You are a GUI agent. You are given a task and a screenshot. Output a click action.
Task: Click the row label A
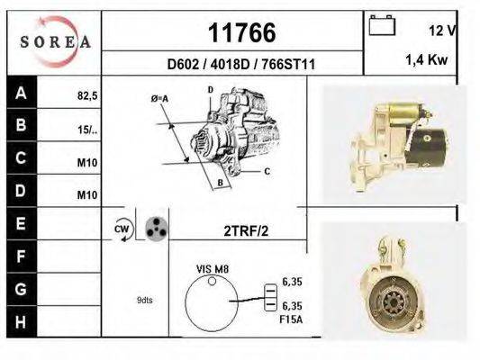click(21, 92)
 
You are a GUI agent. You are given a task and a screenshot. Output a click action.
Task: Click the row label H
click(21, 320)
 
